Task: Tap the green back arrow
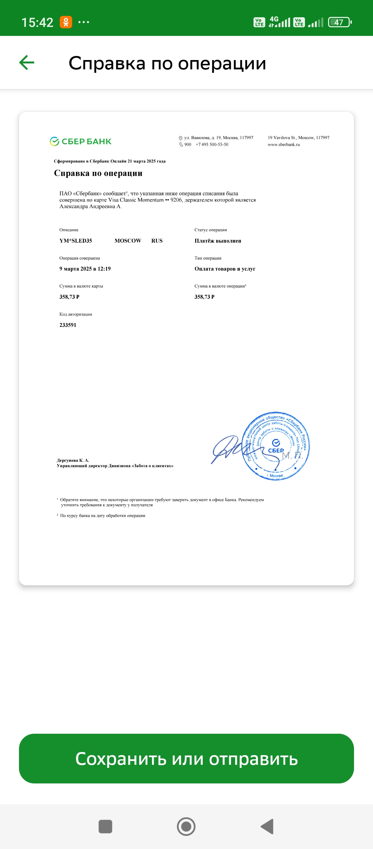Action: click(27, 62)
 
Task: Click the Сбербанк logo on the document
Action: click(80, 141)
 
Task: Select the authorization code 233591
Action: click(68, 325)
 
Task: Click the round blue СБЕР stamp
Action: click(276, 446)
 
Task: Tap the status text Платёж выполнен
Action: click(218, 241)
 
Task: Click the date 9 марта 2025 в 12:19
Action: click(85, 269)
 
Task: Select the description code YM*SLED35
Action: click(76, 241)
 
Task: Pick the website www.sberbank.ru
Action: click(284, 145)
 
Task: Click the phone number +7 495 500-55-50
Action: click(212, 145)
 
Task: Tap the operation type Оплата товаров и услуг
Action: click(225, 269)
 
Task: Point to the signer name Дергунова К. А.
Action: click(73, 460)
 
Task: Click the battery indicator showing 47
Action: click(339, 22)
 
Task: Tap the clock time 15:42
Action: click(37, 22)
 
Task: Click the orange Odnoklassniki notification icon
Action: click(66, 22)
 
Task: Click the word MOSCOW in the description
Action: click(128, 241)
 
